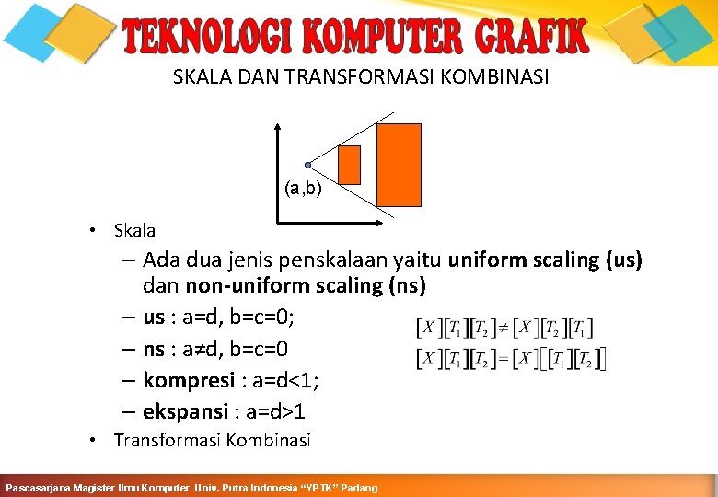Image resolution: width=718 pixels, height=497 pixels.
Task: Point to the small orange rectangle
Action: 350,165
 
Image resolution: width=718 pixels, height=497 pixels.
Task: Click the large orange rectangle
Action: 400,165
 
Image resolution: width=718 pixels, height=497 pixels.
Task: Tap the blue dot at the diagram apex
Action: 308,165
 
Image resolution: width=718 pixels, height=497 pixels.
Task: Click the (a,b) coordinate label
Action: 303,190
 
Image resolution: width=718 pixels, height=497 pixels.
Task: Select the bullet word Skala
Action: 134,231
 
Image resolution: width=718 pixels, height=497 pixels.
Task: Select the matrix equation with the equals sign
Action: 512,358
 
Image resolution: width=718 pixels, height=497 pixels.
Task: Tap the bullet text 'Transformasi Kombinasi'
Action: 212,441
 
